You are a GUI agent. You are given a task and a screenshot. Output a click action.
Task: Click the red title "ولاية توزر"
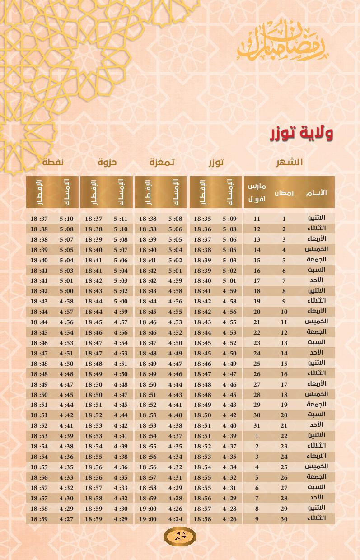point(302,133)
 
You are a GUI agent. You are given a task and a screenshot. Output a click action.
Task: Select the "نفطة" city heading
point(53,162)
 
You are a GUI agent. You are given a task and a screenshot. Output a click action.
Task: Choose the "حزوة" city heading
point(107,162)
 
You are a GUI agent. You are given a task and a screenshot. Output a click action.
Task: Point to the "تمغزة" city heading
point(162,162)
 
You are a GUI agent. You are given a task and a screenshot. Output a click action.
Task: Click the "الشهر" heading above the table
point(290,162)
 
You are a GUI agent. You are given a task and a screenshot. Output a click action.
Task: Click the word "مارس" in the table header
point(257,187)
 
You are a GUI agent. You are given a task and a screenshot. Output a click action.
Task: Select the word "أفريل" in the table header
point(257,199)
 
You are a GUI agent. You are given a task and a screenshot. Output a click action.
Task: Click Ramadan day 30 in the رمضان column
point(284,519)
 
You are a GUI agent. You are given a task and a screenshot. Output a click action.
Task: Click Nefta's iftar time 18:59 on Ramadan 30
point(39,519)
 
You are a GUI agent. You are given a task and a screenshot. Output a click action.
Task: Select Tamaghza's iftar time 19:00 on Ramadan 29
point(148,509)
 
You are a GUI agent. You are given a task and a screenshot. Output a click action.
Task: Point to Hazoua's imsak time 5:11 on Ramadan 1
point(121,219)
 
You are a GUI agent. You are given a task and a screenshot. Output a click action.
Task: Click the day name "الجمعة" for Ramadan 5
point(317,260)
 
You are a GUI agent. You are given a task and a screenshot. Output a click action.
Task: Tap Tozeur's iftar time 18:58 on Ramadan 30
point(202,519)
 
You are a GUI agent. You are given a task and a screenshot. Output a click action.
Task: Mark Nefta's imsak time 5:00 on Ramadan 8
point(66,291)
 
